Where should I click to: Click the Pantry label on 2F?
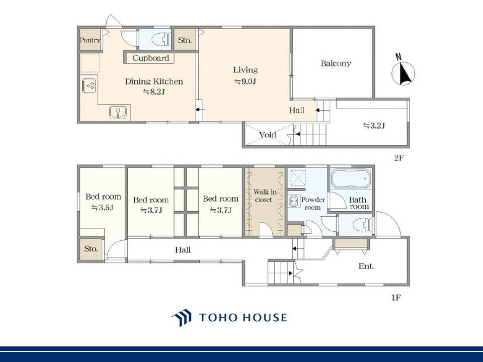[90, 40]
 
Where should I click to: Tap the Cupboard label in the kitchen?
[151, 58]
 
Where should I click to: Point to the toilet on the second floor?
[161, 39]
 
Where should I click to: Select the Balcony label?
[336, 63]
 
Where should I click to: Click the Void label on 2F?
[267, 135]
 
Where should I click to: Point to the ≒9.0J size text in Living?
[245, 81]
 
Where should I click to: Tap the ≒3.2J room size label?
[374, 126]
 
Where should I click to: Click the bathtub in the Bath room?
[351, 178]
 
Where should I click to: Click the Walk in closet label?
[265, 196]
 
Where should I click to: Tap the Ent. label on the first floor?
[366, 265]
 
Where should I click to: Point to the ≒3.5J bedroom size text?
[103, 208]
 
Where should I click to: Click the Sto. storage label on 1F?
[91, 248]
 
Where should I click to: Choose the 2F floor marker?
[398, 158]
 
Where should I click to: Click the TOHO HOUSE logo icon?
[182, 318]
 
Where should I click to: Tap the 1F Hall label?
[183, 250]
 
